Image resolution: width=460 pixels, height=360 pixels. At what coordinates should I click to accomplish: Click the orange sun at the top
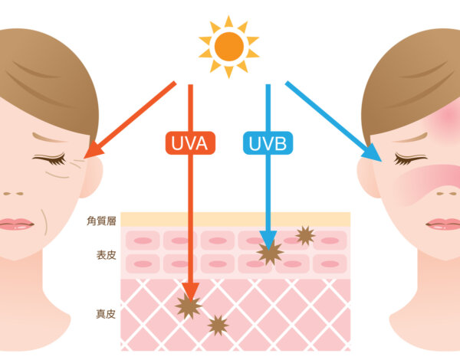click(228, 47)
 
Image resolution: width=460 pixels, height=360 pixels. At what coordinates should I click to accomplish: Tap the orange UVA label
click(190, 143)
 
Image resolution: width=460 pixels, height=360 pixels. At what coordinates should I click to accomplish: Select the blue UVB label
click(268, 143)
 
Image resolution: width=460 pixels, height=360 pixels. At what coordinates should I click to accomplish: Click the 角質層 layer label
click(101, 221)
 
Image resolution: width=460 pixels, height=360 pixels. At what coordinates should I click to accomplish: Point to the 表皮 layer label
click(107, 255)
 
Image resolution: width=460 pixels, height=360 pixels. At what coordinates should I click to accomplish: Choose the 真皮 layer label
click(106, 314)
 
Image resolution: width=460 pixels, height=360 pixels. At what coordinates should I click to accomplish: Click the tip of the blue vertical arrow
click(268, 250)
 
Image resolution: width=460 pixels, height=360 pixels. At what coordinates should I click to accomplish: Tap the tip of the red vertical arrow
click(191, 301)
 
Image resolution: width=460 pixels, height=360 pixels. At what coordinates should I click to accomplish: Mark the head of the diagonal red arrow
click(85, 159)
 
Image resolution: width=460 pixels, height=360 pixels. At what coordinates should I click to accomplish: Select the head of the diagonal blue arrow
click(382, 162)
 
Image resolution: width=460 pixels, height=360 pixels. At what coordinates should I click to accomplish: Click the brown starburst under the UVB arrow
click(270, 253)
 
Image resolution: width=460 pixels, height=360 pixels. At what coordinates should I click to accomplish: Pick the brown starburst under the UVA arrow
click(189, 306)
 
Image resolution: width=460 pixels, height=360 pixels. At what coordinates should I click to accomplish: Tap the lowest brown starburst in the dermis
click(218, 326)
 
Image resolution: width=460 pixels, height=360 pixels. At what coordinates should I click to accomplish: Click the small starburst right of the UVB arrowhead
click(305, 235)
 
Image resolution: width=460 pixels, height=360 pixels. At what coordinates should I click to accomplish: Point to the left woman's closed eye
click(49, 159)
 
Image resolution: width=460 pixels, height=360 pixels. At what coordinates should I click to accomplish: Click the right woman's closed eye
click(410, 159)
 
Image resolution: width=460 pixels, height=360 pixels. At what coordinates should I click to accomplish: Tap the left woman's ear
click(91, 177)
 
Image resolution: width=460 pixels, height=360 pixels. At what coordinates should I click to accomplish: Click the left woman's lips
click(16, 224)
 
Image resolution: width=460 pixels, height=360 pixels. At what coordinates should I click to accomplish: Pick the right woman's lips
click(443, 224)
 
